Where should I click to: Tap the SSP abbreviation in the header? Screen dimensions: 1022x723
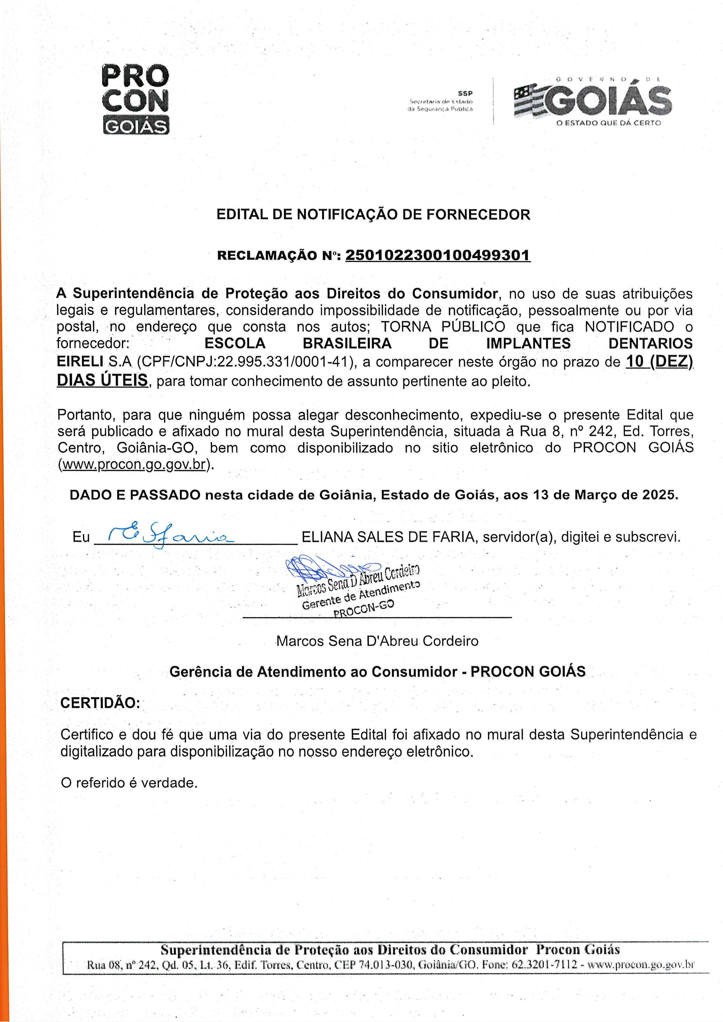(x=465, y=94)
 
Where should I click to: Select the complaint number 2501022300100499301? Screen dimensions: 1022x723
(x=438, y=256)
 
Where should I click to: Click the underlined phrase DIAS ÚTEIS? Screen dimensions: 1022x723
(x=102, y=380)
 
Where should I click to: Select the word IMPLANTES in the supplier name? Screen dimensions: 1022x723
(x=528, y=343)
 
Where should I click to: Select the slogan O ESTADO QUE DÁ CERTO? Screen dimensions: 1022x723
(x=608, y=123)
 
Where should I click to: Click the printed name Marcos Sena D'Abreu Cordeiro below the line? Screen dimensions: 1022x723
(x=377, y=641)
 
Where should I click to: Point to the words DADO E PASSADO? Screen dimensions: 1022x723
(x=135, y=495)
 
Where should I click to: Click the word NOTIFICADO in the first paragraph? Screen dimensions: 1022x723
(x=629, y=327)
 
